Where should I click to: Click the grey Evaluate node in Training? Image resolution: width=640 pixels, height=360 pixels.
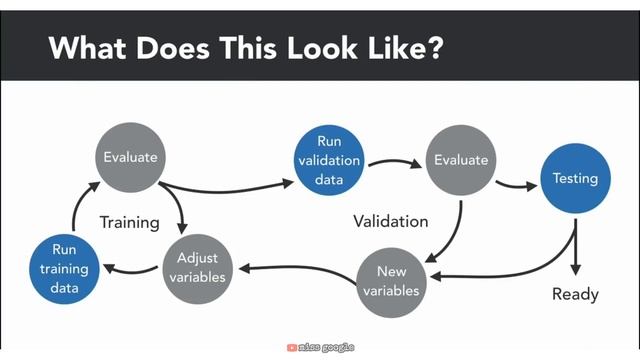tap(131, 157)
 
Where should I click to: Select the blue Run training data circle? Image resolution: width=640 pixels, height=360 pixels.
tap(63, 269)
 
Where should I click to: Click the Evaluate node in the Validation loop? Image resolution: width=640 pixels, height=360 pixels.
tap(460, 160)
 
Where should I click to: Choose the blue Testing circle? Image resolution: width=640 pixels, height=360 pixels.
tap(575, 179)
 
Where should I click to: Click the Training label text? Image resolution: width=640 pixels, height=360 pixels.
tap(129, 222)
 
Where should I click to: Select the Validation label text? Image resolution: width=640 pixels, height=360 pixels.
tap(390, 221)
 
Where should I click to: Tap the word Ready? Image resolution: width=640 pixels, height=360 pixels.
tap(575, 294)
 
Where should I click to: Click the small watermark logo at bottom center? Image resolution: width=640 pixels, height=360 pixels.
tap(319, 348)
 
